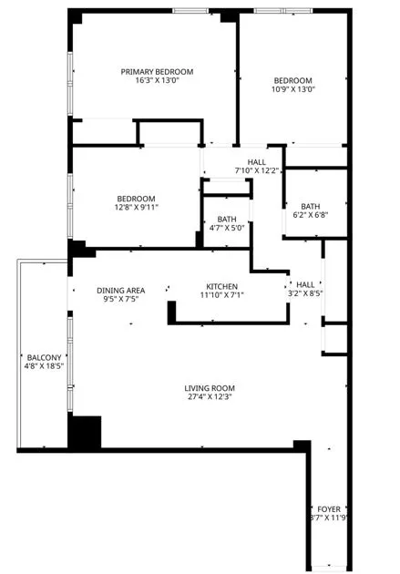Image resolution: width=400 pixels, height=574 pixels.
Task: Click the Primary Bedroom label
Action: (x=158, y=72)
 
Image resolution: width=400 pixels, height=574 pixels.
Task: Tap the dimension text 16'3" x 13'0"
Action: (x=158, y=81)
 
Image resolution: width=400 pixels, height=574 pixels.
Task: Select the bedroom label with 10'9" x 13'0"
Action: (x=292, y=80)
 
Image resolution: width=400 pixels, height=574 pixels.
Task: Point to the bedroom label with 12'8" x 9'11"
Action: (x=136, y=200)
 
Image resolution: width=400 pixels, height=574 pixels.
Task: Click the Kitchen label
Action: (x=221, y=285)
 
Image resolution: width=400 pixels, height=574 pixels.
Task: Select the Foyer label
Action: (x=328, y=508)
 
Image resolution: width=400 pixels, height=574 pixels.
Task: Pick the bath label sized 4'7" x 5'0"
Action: (x=227, y=220)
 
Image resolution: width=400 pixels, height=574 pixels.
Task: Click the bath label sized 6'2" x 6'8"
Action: (x=311, y=206)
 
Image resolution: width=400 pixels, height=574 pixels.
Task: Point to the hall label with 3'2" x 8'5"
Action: (x=304, y=284)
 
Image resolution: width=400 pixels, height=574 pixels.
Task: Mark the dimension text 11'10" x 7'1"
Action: (x=221, y=294)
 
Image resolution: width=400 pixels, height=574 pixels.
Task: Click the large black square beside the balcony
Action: (x=86, y=431)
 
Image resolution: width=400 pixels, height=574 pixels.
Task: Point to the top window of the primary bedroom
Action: (x=189, y=11)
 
